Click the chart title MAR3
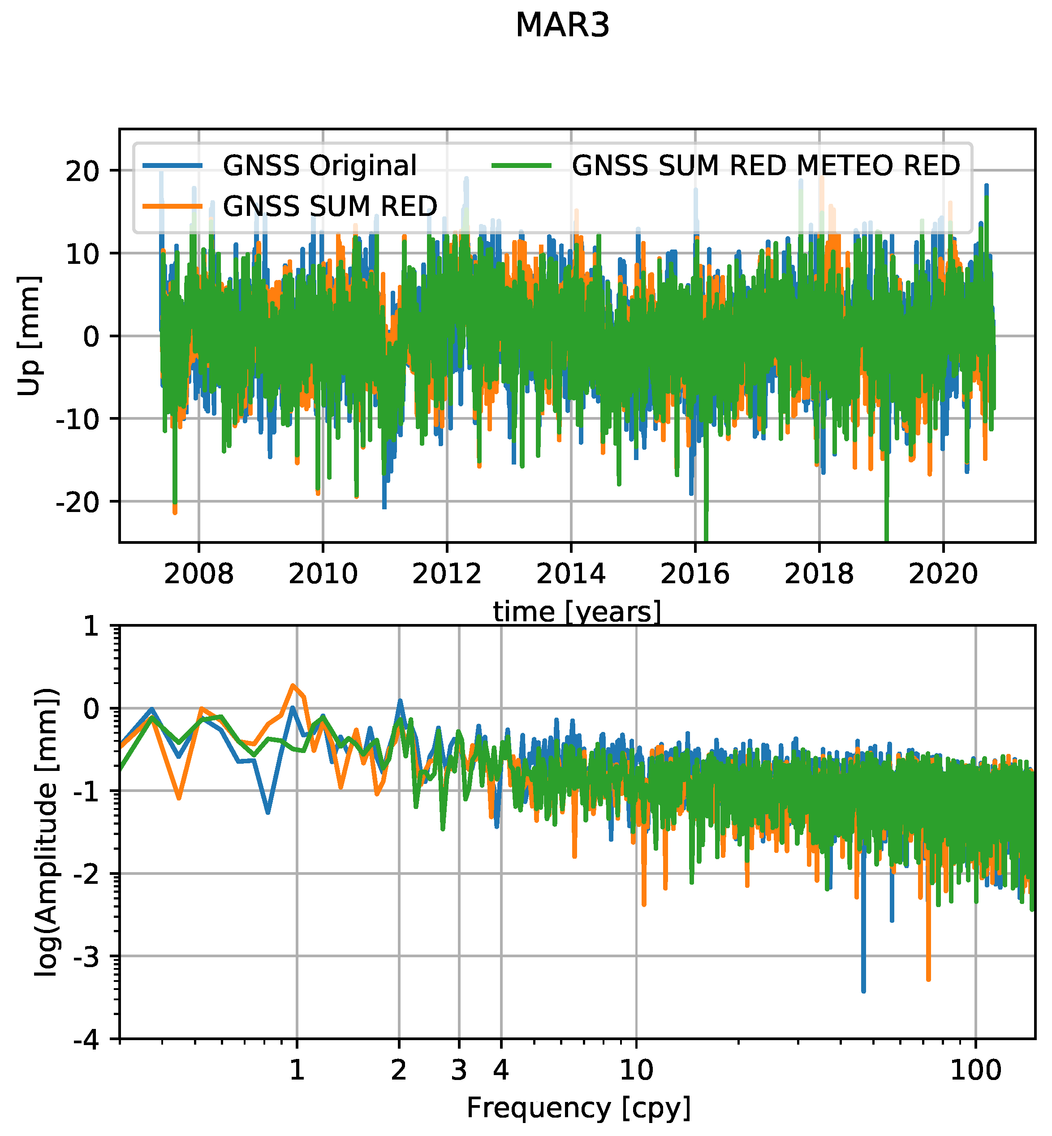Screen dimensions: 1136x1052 click(562, 26)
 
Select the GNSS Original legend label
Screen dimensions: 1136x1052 click(320, 166)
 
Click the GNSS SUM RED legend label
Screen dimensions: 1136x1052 click(330, 206)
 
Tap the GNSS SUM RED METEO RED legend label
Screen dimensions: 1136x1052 click(766, 166)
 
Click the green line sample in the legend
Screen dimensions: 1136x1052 click(522, 166)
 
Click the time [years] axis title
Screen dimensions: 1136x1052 click(577, 612)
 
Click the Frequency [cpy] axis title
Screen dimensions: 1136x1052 click(578, 1107)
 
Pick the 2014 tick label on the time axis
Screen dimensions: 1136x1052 click(571, 574)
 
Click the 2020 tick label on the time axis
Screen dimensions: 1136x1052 click(943, 574)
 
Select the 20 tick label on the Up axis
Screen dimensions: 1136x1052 click(91, 171)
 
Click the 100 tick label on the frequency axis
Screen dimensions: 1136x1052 click(976, 1071)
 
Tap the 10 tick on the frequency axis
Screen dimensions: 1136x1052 click(636, 1071)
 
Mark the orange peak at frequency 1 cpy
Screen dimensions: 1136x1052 click(293, 686)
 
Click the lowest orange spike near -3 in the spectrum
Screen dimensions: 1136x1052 click(928, 978)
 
